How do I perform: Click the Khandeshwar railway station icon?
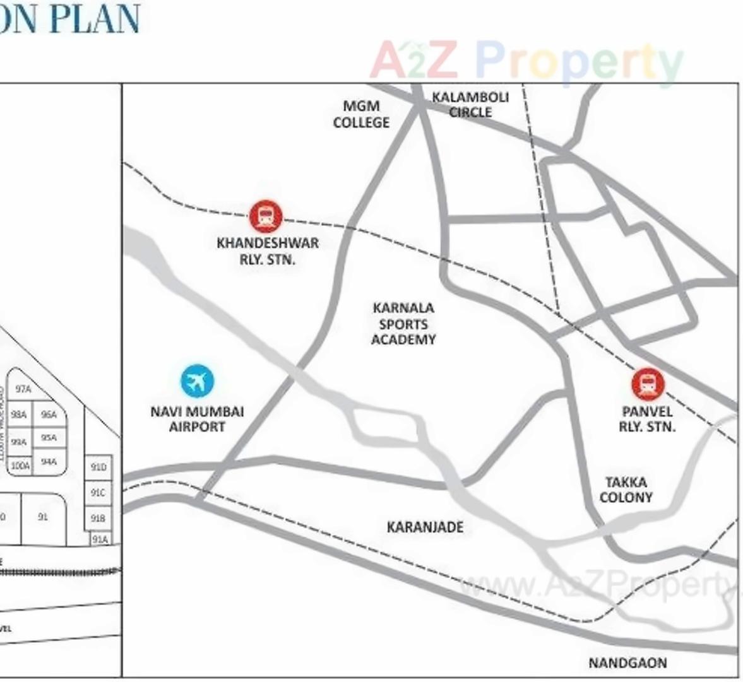266,216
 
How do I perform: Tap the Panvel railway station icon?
648,384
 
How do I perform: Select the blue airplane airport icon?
197,381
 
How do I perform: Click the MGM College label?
361,114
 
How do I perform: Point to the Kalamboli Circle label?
470,105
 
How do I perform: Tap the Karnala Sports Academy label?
403,324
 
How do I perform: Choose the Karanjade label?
425,527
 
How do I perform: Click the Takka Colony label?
626,490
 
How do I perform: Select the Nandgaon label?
627,662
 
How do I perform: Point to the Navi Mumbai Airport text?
197,419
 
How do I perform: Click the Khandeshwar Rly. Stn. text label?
268,251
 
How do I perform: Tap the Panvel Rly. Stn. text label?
647,419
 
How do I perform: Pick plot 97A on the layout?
23,389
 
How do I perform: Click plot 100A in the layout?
20,466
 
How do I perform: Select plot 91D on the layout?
98,467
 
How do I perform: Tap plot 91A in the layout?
100,539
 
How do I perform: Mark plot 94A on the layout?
49,462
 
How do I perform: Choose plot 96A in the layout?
49,414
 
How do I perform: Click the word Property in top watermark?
579,61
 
